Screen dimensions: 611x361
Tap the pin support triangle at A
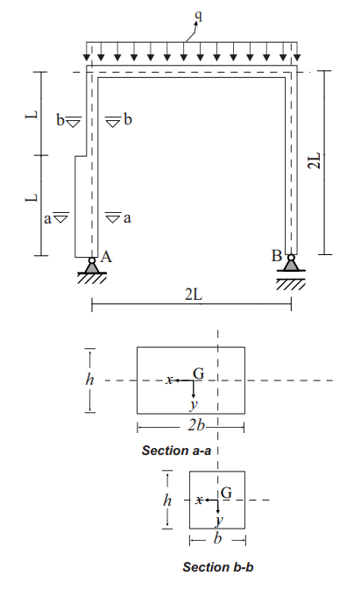click(x=91, y=265)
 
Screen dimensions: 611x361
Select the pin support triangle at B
click(x=291, y=265)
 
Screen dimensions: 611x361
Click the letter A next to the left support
click(x=107, y=257)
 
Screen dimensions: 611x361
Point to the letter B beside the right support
click(x=277, y=257)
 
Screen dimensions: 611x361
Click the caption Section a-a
click(x=176, y=451)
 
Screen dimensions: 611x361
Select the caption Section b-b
click(x=218, y=567)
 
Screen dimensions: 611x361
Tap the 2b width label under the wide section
click(x=197, y=426)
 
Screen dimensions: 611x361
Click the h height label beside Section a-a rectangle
click(x=88, y=380)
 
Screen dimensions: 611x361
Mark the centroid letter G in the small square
click(x=226, y=493)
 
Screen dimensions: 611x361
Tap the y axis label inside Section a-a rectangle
click(x=192, y=407)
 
